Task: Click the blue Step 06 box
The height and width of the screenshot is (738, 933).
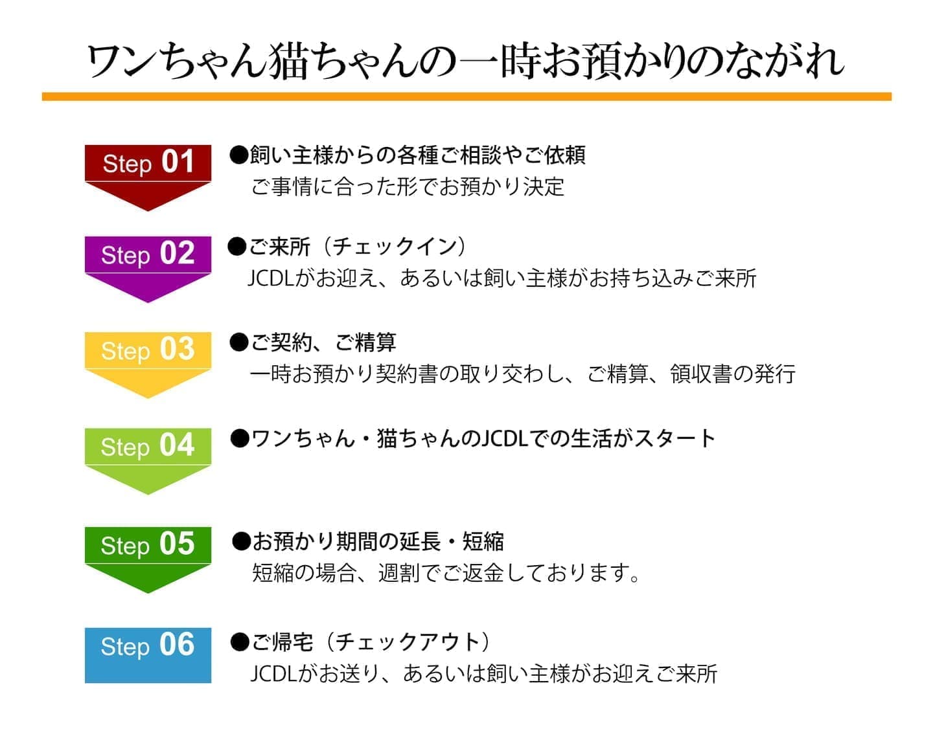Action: point(148,655)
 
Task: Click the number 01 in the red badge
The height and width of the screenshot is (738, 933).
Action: point(178,162)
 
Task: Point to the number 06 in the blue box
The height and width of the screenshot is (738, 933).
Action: point(177,644)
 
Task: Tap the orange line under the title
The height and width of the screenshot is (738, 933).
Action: point(466,96)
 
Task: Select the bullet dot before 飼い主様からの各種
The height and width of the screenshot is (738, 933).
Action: point(238,155)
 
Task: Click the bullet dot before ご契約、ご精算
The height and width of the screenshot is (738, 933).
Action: point(239,342)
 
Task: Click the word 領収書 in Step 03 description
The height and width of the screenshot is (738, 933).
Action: point(701,374)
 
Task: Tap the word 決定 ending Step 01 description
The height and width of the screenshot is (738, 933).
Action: point(544,187)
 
